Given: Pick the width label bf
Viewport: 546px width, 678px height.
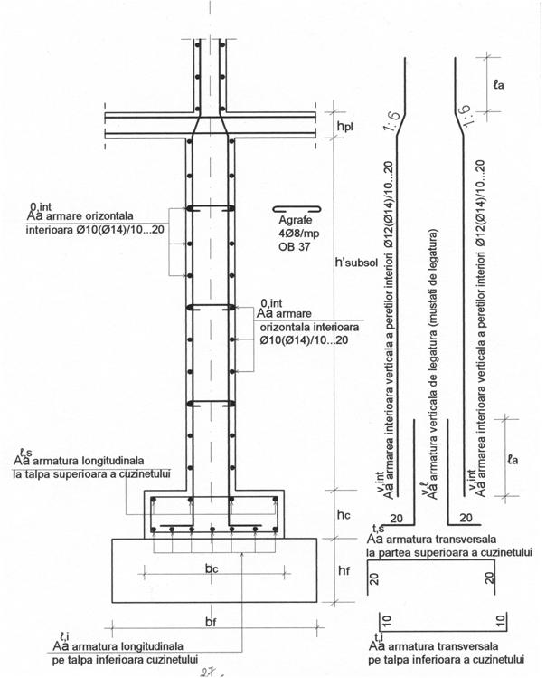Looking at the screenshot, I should coord(211,622).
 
